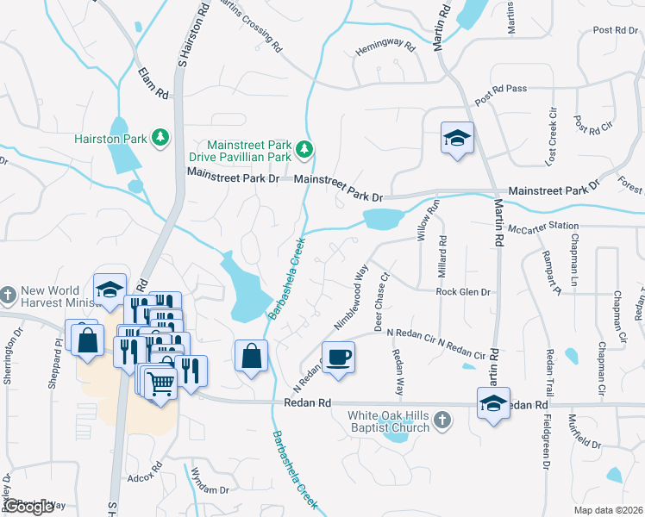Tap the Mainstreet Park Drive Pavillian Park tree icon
[x=304, y=150]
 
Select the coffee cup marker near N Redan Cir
[x=339, y=356]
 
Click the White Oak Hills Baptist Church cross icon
[x=441, y=420]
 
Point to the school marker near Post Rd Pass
[x=456, y=139]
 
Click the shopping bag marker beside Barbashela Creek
[x=250, y=356]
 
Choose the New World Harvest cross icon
[x=8, y=295]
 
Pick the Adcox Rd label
[x=144, y=476]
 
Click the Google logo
[x=29, y=506]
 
